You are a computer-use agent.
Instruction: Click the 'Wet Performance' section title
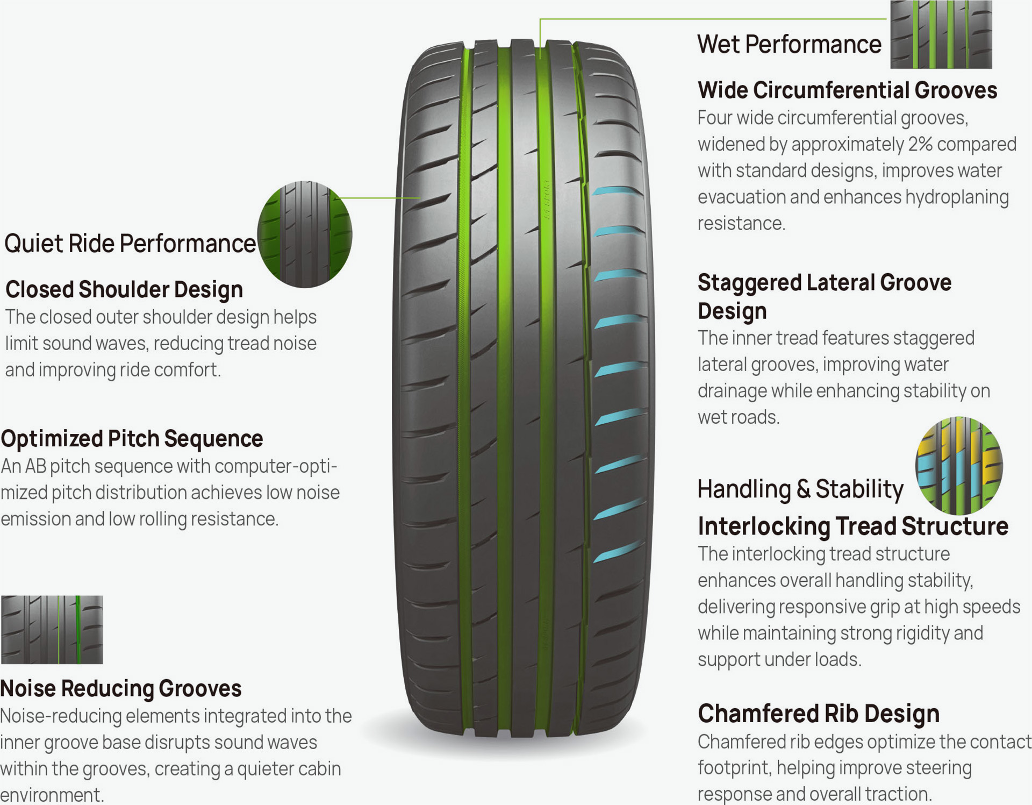(x=789, y=44)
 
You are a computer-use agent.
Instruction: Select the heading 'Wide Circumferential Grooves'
(x=847, y=90)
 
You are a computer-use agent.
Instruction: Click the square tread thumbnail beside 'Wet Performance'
(x=941, y=34)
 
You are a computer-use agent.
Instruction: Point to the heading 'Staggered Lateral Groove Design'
(x=825, y=296)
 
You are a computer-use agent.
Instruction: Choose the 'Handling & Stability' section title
(x=800, y=489)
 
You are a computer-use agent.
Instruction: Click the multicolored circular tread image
(x=959, y=466)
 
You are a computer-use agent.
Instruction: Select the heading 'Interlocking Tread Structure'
(x=853, y=526)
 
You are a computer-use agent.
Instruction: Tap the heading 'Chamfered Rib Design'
(x=819, y=714)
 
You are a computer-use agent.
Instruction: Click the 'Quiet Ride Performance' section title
(x=130, y=243)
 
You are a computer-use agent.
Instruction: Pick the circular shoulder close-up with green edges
(x=305, y=234)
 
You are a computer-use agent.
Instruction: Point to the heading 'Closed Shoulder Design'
(x=124, y=289)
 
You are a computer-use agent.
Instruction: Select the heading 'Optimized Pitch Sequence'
(x=132, y=439)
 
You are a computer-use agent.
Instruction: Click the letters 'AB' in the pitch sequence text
(x=36, y=466)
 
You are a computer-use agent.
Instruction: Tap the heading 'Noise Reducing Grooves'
(x=121, y=688)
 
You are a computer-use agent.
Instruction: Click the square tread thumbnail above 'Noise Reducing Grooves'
(x=52, y=630)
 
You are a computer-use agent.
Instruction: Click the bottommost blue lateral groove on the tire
(x=618, y=552)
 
